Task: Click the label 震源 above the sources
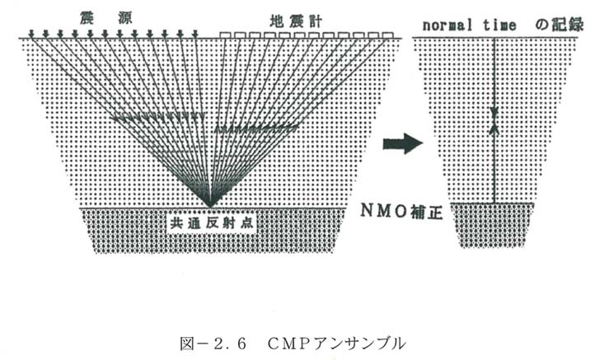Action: coord(106,18)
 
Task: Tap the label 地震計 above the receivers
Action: coord(296,21)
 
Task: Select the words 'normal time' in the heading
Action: coord(469,26)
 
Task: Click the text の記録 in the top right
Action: coord(560,24)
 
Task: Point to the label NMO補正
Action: coord(401,211)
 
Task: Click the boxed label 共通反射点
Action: coord(212,223)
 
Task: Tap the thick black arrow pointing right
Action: coord(403,143)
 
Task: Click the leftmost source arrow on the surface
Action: coord(31,34)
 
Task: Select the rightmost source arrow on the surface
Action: coord(195,34)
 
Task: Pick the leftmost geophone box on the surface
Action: coord(224,35)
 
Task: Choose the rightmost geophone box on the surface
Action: coord(388,35)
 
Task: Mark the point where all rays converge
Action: coord(210,207)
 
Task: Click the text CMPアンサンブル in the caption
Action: coord(336,344)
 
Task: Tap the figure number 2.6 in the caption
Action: coord(230,344)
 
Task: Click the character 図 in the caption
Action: coord(187,344)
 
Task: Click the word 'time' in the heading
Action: coord(499,26)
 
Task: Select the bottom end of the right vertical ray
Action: coord(494,203)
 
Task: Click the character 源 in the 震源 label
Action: coord(125,18)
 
